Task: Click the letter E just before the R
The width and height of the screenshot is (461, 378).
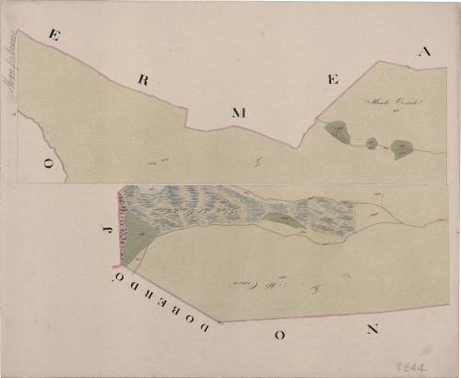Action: pyautogui.click(x=54, y=36)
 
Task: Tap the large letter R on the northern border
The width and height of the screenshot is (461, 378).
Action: pyautogui.click(x=143, y=80)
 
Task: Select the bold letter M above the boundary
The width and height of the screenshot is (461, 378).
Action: pyautogui.click(x=239, y=113)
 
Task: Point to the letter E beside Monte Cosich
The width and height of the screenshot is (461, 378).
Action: pyautogui.click(x=332, y=80)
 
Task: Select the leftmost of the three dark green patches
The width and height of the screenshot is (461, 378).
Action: pyautogui.click(x=337, y=133)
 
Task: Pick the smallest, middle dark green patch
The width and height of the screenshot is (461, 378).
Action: pyautogui.click(x=371, y=143)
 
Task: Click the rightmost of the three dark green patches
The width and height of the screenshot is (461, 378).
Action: pyautogui.click(x=401, y=148)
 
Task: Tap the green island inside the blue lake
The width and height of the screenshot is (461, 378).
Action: pyautogui.click(x=282, y=219)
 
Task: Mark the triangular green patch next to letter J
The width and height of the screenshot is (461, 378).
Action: pyautogui.click(x=136, y=236)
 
